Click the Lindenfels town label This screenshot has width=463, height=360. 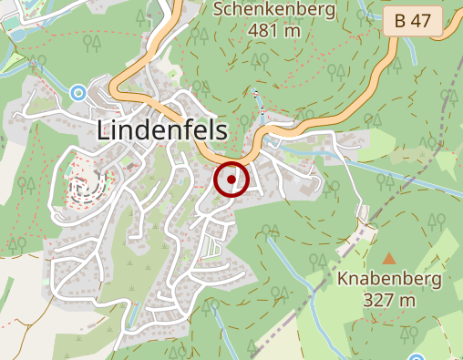(161, 130)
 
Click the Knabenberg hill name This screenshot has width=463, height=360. (389, 280)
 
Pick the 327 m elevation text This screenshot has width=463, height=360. (390, 300)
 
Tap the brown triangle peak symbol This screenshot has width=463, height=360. (390, 259)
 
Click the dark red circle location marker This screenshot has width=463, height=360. (232, 180)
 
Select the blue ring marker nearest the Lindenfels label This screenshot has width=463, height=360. (78, 93)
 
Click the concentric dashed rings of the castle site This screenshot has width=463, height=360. (86, 187)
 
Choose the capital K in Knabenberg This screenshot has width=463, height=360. (343, 280)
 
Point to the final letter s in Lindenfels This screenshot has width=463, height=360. (221, 132)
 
